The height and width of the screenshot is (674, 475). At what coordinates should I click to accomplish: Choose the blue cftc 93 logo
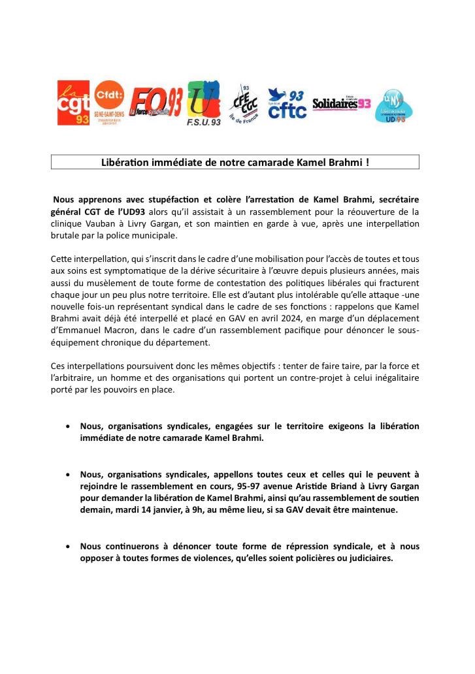click(287, 104)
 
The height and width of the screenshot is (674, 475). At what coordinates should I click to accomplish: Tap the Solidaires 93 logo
click(342, 103)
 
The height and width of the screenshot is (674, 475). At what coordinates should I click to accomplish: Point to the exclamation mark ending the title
click(367, 161)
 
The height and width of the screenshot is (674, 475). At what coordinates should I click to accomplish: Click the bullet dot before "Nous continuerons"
click(69, 546)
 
